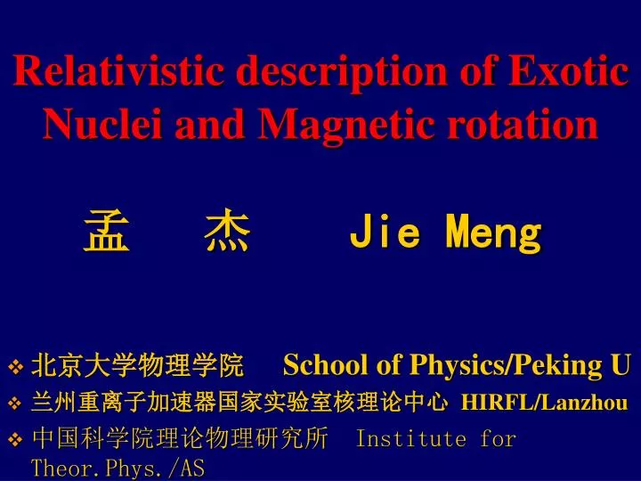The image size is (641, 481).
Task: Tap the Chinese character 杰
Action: coord(227,234)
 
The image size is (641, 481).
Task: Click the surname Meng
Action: coord(494,234)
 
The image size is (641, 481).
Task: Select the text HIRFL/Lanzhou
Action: coord(544,403)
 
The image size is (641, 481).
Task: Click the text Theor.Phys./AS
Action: coord(118,469)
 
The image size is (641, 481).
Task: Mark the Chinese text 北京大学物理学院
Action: coord(138,364)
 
